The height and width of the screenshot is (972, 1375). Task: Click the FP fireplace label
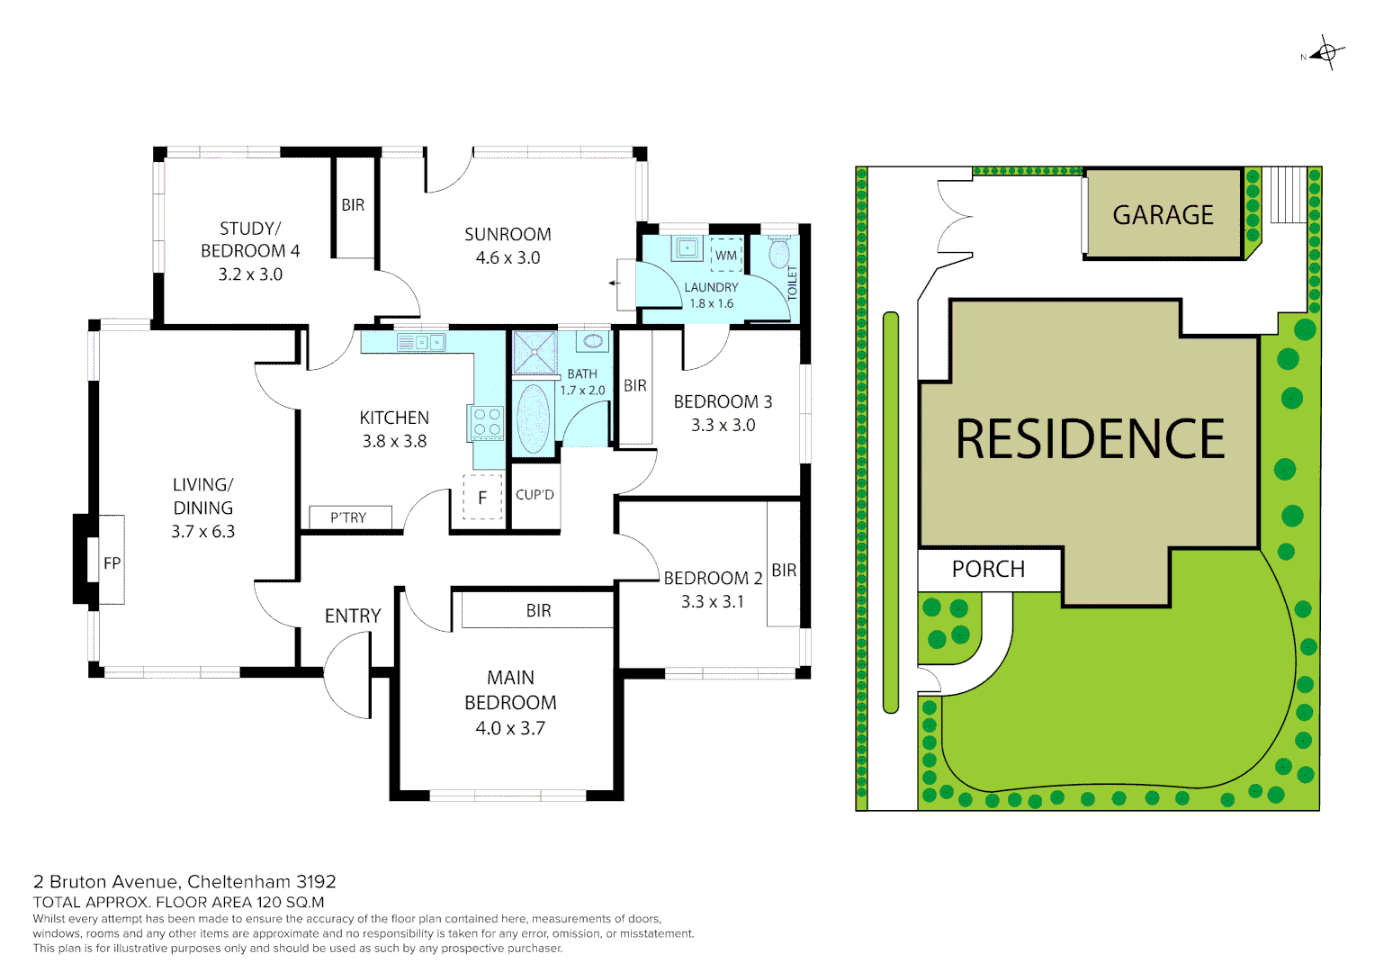[112, 563]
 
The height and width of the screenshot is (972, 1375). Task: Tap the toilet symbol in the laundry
[779, 252]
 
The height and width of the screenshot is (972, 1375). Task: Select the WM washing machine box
[726, 255]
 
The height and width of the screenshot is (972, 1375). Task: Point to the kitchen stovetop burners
[487, 422]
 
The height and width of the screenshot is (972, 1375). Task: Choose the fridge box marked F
[482, 497]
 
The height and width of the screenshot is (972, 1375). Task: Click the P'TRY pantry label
[348, 517]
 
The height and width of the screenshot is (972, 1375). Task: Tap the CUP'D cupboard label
[535, 495]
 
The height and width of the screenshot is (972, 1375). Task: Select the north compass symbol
[1326, 53]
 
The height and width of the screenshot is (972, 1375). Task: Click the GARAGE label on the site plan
[1163, 215]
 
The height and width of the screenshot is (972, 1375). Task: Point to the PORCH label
[988, 569]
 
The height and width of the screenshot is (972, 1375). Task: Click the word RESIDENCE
[1090, 439]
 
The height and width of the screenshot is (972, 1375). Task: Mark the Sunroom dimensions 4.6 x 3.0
[508, 258]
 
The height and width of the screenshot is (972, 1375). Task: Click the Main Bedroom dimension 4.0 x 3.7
[510, 728]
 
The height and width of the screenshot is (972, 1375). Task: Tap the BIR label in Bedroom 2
[784, 571]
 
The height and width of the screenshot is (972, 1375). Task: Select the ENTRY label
[353, 616]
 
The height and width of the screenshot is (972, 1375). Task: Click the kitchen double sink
[421, 342]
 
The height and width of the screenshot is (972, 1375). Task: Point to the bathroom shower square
[534, 352]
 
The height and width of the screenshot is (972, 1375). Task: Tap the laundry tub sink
[688, 247]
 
